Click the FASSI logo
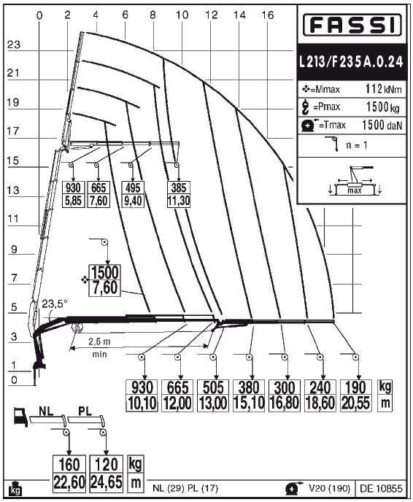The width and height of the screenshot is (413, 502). point(352,25)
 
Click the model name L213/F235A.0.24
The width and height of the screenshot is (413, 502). point(352,61)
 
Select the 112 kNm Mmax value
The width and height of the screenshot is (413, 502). point(384,89)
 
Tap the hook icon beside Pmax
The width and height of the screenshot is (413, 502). point(305,107)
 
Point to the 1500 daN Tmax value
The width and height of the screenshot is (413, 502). point(382,125)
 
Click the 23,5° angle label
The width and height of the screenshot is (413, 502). point(55,304)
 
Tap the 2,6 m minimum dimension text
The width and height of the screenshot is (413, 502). point(99,341)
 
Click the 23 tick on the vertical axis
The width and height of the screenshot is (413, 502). point(14,45)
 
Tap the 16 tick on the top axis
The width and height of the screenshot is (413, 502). point(268,15)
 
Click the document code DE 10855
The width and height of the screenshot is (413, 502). point(381,489)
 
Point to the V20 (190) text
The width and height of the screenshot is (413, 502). point(330,488)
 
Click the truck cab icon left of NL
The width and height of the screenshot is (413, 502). point(21,417)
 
